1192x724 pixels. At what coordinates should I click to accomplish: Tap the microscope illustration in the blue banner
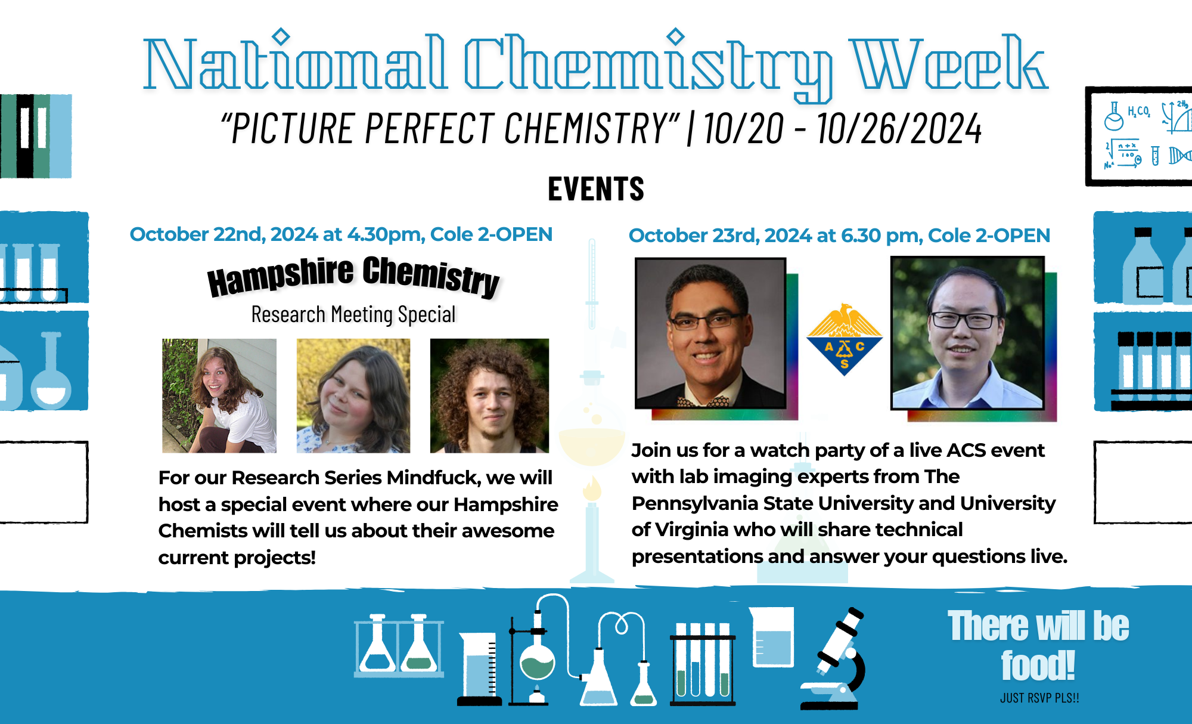coord(833,658)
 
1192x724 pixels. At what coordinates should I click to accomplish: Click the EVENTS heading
coord(596,189)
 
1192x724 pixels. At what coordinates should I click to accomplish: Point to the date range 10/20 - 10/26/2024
coord(842,128)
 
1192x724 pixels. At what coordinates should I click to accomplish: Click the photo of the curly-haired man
coord(489,395)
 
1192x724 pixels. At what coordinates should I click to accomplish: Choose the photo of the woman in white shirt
coord(219,395)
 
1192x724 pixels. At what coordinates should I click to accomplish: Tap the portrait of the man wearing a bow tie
coord(710,333)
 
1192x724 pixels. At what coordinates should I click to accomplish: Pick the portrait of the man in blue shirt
coord(967,333)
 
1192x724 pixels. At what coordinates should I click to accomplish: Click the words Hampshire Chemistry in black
coord(353,276)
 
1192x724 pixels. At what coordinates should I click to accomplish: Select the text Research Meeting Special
coord(353,314)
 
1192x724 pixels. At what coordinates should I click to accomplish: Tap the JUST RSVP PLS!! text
coord(1039,698)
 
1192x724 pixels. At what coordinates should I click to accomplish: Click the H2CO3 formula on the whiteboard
coord(1138,112)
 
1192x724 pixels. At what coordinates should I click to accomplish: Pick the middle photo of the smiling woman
coord(353,395)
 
